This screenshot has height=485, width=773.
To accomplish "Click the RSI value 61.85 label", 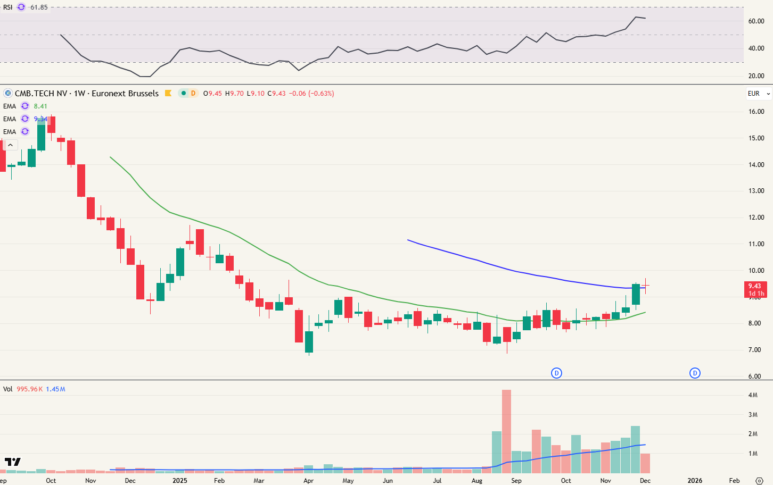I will point(39,7).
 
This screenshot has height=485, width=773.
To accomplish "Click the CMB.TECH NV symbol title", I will point(41,94).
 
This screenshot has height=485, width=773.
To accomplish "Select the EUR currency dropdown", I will point(758,94).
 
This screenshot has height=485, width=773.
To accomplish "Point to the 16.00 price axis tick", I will point(756,112).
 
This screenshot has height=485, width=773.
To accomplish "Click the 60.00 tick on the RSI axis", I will point(756,21).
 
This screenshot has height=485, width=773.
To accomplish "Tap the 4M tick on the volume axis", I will point(753,395).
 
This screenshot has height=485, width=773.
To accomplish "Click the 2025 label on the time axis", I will point(180,481).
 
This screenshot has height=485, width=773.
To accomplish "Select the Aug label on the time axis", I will point(476,481).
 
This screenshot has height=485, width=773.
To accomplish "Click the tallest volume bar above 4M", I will point(506,431).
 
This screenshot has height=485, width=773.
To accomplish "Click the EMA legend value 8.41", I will point(40,106).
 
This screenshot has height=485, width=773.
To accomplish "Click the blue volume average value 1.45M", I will point(55,389).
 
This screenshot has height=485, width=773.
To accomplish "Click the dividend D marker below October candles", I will point(556,373).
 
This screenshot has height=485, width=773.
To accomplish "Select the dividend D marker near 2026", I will point(695,373).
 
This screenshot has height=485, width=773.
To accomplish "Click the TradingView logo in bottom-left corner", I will point(12,462).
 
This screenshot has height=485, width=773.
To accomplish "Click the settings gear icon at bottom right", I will point(760,481).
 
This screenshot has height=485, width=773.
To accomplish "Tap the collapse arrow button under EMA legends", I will point(11,145).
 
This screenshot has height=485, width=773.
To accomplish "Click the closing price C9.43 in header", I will point(276,94).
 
